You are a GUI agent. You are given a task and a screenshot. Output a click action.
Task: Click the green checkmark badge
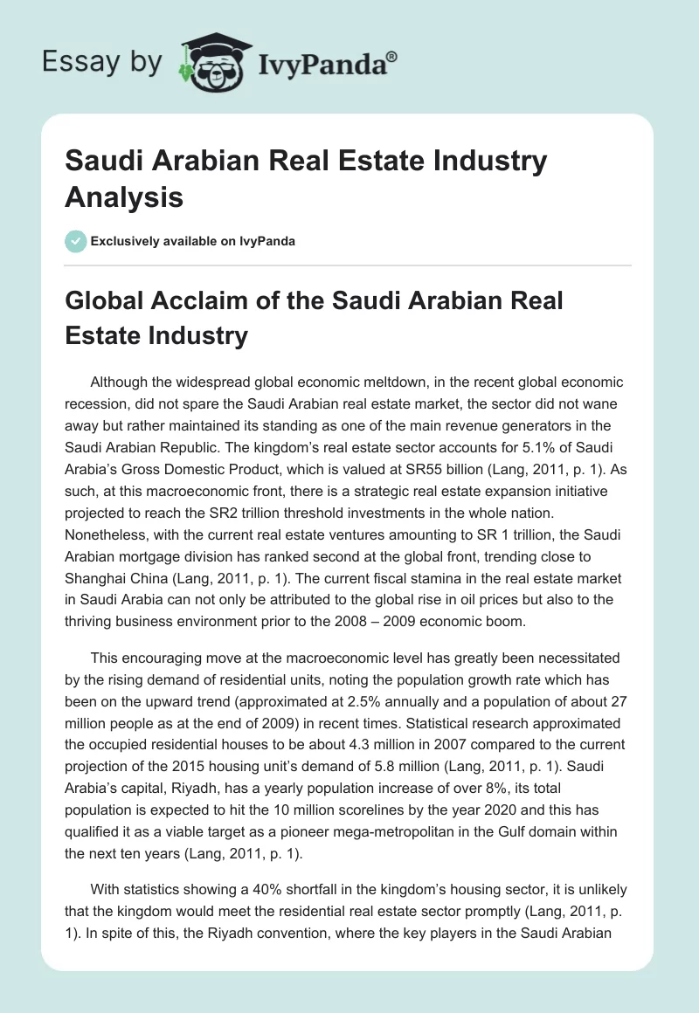[x=76, y=241]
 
